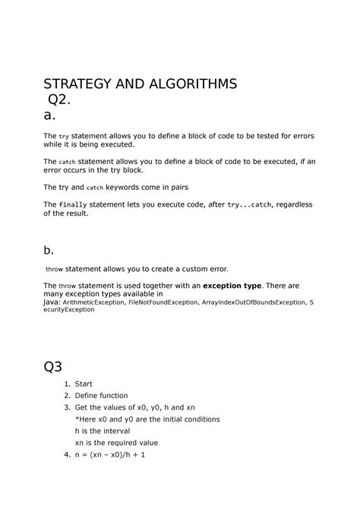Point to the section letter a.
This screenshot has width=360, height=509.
(x=51, y=115)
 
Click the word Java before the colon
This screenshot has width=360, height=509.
(x=53, y=302)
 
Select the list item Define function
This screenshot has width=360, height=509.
(x=101, y=395)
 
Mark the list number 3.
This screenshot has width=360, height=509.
(x=67, y=407)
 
